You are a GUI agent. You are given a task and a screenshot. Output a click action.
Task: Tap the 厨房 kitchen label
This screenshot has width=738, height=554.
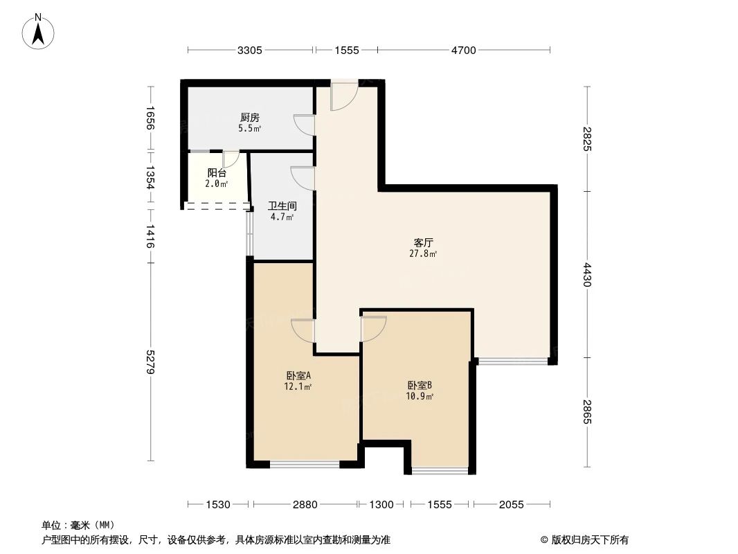pyautogui.click(x=250, y=118)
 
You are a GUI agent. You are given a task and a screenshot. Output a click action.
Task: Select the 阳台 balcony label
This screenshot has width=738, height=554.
pyautogui.click(x=217, y=173)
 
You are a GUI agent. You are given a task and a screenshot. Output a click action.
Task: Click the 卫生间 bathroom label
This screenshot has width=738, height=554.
pyautogui.click(x=282, y=206)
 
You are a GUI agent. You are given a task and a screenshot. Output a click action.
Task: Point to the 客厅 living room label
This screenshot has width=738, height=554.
pyautogui.click(x=423, y=243)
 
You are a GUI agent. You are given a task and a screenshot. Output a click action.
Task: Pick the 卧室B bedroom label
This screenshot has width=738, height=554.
pyautogui.click(x=420, y=386)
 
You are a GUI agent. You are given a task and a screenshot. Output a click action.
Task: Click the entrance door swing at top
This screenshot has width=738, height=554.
pyautogui.click(x=343, y=96)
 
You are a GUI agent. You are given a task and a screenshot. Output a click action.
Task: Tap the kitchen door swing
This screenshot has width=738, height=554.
pyautogui.click(x=304, y=124)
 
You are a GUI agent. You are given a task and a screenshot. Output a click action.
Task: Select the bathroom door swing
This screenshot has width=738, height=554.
pyautogui.click(x=303, y=178)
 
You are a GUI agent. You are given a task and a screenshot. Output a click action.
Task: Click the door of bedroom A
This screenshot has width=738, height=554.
pyautogui.click(x=303, y=329)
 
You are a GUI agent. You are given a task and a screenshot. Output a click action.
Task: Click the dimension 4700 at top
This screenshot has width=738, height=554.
pyautogui.click(x=464, y=50)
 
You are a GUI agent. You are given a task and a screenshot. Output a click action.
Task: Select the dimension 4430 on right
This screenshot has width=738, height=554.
pyautogui.click(x=587, y=275)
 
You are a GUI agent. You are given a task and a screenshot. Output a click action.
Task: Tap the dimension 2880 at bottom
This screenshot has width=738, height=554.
pyautogui.click(x=305, y=505)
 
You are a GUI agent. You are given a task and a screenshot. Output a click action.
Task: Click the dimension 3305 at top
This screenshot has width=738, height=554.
pyautogui.click(x=249, y=50)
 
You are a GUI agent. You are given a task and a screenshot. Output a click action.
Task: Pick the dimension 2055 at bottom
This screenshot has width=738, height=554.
pyautogui.click(x=512, y=505)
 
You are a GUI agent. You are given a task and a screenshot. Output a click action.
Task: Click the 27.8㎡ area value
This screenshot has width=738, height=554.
pyautogui.click(x=423, y=254)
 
